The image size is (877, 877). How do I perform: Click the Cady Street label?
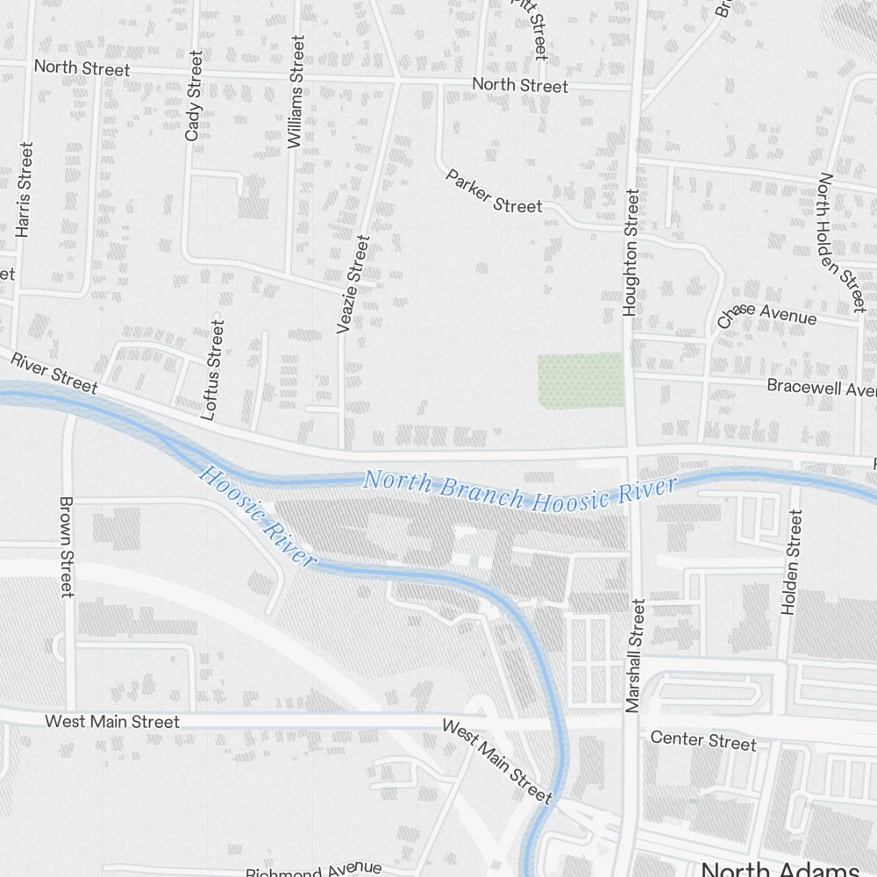tap(194, 96)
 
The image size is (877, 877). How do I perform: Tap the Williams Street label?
tap(296, 90)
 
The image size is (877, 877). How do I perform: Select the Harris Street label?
tap(24, 189)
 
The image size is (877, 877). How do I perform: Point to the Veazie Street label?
tap(353, 283)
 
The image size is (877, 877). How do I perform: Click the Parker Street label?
tap(494, 191)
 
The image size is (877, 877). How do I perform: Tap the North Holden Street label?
tap(841, 242)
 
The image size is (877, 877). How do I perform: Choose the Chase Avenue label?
tap(766, 315)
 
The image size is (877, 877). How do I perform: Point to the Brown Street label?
tap(67, 547)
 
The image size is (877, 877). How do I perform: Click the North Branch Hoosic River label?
tap(520, 491)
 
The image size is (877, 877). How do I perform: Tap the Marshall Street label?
tap(636, 654)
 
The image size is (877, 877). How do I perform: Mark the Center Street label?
tap(702, 740)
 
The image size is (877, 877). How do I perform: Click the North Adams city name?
tap(780, 869)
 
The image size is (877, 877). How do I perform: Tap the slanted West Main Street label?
tap(496, 761)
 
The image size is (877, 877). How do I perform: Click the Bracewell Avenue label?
tap(821, 387)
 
